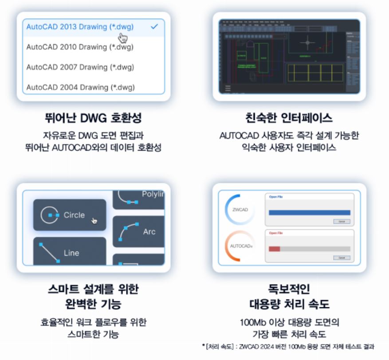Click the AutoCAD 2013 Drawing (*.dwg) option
80,27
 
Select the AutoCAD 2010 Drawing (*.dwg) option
80,47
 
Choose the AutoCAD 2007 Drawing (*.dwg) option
80,67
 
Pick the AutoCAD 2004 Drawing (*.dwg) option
80,87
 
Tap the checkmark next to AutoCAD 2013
154,27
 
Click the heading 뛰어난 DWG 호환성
93,118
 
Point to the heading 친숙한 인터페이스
289,118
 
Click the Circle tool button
70,215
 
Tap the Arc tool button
138,231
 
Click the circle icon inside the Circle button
49,215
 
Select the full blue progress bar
309,213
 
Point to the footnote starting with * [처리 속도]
288,346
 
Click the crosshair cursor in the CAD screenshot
307,43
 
